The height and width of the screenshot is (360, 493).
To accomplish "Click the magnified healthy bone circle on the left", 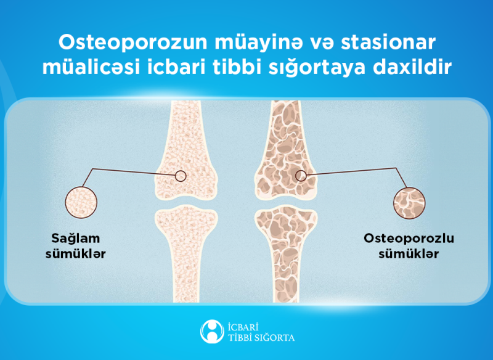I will [x=81, y=202].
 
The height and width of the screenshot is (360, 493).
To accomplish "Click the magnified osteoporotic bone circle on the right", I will [x=410, y=202].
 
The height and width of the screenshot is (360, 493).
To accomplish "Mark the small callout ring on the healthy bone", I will [x=181, y=176].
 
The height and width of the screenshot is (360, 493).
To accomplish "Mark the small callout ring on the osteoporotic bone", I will [x=301, y=176].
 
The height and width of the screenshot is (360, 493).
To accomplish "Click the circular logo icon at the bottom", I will [x=211, y=331].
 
